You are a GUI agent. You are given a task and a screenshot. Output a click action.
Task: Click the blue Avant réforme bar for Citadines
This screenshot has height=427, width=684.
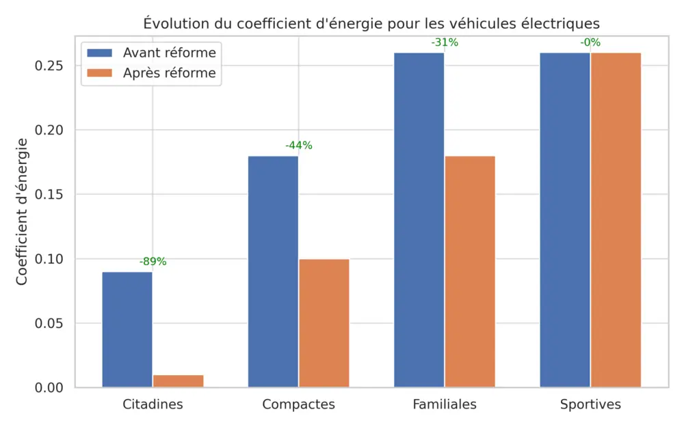tap(127, 329)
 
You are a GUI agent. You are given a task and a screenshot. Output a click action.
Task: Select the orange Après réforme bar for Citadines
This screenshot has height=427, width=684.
tap(178, 381)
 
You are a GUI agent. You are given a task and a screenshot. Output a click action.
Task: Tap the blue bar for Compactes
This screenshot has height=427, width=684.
tap(273, 271)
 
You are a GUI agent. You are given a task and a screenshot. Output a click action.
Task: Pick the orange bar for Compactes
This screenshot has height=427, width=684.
tap(324, 323)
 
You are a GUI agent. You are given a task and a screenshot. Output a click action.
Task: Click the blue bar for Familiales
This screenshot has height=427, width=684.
tap(419, 220)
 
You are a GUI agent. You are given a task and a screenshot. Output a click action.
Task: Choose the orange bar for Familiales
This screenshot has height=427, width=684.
tap(470, 271)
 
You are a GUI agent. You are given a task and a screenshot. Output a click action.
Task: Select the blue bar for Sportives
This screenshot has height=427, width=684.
tap(565, 220)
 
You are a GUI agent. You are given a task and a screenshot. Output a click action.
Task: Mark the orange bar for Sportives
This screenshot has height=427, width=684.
tap(616, 220)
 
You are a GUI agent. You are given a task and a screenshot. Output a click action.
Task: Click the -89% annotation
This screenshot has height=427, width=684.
tap(153, 262)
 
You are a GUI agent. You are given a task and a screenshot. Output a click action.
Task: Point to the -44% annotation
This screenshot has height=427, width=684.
tap(298, 146)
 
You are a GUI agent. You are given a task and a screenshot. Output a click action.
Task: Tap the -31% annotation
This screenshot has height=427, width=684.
tap(445, 42)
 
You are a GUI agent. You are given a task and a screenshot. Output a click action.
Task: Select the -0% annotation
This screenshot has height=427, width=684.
tap(590, 42)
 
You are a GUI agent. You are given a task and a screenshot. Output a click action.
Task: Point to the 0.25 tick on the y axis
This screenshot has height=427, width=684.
tap(49, 66)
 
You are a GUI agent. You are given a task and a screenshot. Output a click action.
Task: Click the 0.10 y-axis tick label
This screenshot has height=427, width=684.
tap(49, 259)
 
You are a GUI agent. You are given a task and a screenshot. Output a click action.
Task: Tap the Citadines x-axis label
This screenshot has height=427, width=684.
tap(153, 404)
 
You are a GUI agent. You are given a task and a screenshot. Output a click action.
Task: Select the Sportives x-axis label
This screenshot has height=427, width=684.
tap(590, 404)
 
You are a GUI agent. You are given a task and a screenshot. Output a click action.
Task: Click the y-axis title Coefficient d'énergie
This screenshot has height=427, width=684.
tap(22, 211)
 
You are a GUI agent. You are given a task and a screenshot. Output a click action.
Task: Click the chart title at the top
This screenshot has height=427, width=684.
tap(371, 23)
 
